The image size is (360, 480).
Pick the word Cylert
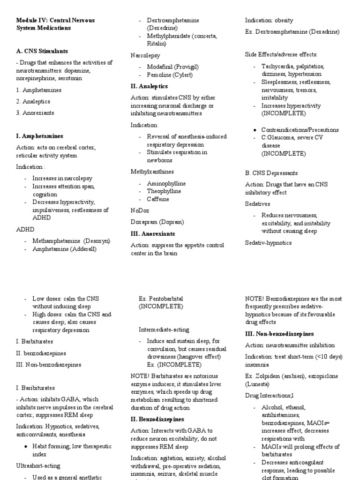(x=183, y=75)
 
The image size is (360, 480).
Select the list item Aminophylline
(x=166, y=183)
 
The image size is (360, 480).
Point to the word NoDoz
(x=139, y=210)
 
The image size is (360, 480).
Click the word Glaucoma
(x=280, y=138)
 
